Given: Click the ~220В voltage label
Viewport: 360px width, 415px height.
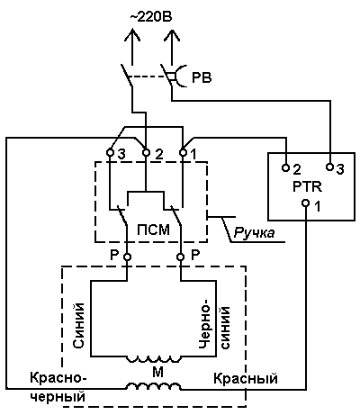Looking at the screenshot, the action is coord(151,17).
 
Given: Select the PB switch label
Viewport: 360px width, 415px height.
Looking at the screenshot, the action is coord(202,78).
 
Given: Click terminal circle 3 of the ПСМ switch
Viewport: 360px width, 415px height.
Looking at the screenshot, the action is coord(110,152).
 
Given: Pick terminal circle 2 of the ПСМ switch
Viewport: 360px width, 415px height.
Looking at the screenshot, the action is coord(146,152).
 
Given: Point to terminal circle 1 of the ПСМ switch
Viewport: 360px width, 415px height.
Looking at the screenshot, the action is coord(183,152).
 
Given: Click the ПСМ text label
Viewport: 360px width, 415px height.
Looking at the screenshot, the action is coord(154,230).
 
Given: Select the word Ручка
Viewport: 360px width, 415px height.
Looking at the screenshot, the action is coord(254,233).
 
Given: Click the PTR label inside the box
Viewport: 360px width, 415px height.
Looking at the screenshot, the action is coord(307,186).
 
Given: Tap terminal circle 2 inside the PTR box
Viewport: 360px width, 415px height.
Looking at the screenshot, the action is coord(286,167).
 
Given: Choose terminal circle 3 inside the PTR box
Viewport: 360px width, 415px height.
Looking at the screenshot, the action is coord(329,167).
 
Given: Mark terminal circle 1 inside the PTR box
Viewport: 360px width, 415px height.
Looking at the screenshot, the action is coord(305,203).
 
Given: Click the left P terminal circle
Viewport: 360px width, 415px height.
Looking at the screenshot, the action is coord(128,257).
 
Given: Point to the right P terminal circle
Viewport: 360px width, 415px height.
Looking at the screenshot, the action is coord(180,257).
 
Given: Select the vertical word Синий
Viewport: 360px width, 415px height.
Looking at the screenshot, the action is coord(78,325).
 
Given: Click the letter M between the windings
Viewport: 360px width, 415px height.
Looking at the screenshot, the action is coord(157,373).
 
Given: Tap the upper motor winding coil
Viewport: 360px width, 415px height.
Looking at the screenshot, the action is coord(154,359).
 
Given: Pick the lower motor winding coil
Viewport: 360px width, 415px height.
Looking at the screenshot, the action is coord(154,386).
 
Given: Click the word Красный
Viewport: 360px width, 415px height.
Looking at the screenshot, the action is coord(246,378).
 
